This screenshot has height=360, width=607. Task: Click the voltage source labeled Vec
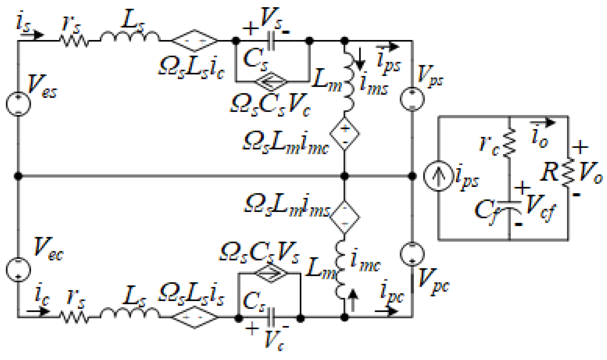pos(18,269)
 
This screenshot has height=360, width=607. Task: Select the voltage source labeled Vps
pos(412,99)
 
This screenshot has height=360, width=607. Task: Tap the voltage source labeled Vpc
pos(412,254)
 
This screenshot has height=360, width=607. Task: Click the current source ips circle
pos(438,176)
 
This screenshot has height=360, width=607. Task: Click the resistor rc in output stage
pos(510,142)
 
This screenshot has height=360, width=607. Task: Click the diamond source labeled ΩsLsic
pos(194,41)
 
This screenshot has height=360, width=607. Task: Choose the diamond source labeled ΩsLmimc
pos(345,134)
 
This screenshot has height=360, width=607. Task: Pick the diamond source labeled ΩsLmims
pos(345,217)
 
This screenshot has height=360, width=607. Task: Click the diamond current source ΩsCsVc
pos(271,82)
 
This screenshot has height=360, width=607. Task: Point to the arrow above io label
pos(543,122)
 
